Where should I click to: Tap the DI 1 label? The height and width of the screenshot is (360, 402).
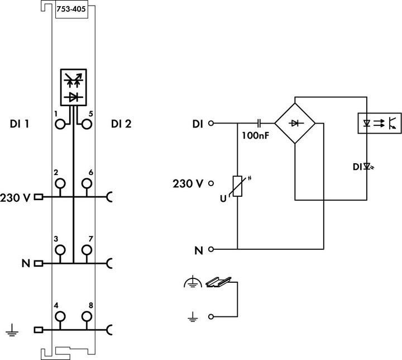click(x=20, y=124)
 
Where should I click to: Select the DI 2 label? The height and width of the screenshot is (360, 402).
click(x=121, y=124)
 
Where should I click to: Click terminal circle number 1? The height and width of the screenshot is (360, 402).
click(x=60, y=124)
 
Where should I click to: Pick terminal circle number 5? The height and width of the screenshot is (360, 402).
click(x=87, y=124)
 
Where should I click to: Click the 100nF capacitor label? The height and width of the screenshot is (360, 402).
click(x=256, y=135)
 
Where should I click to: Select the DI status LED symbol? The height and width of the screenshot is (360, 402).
click(x=367, y=165)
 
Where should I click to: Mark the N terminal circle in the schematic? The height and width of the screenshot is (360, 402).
click(x=211, y=249)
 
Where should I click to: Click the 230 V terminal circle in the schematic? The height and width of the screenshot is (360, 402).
click(x=211, y=182)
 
